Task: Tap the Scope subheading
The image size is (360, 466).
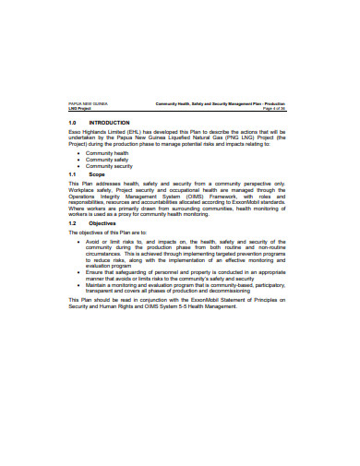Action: [x=97, y=173]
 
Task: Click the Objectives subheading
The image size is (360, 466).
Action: [x=102, y=223]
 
